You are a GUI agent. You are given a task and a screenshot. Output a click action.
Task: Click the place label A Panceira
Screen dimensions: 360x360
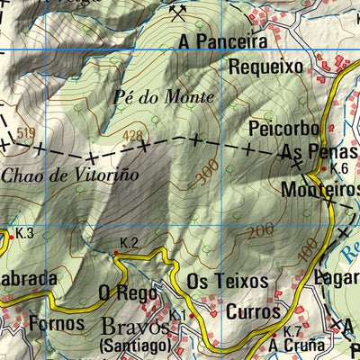[222, 41]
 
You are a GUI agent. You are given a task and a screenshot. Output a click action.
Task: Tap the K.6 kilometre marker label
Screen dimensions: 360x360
[339, 168]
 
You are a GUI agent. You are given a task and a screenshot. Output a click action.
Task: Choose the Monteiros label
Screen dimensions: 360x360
[320, 190]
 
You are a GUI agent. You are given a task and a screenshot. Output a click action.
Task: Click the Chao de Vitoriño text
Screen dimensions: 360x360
[69, 175]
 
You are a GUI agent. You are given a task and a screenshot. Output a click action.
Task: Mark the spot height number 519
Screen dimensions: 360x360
[25, 133]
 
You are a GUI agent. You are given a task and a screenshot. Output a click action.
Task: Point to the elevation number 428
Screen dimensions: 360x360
[133, 136]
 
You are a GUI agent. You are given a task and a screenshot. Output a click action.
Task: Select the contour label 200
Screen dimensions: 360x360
[261, 232]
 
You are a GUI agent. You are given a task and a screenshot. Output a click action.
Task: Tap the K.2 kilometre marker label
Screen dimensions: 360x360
[129, 243]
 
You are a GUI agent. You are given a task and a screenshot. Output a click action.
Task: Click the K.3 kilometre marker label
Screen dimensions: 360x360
[24, 234]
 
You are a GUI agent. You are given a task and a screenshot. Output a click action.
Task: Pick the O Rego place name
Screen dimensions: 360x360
[121, 292]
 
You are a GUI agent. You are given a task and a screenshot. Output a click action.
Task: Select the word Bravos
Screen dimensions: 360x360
[134, 325]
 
